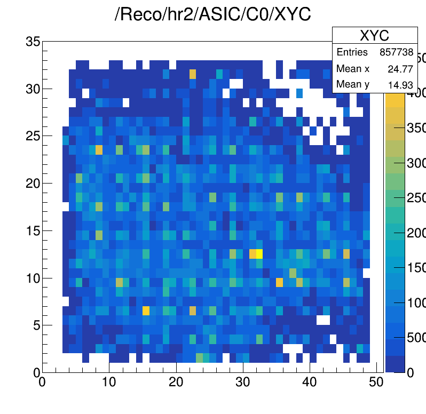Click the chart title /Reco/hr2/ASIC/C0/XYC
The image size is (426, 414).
pyautogui.click(x=212, y=14)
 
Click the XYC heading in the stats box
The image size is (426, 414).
pyautogui.click(x=374, y=36)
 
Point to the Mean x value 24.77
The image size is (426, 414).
pyautogui.click(x=403, y=69)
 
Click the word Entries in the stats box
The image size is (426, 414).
pyautogui.click(x=352, y=52)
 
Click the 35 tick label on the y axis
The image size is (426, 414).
pyautogui.click(x=33, y=41)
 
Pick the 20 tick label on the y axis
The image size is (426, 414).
pyautogui.click(x=33, y=183)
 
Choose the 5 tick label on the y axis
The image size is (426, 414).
pyautogui.click(x=36, y=325)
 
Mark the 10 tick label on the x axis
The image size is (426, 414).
pyautogui.click(x=109, y=383)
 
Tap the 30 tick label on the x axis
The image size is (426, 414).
pyautogui.click(x=243, y=383)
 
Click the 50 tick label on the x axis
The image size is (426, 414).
pyautogui.click(x=377, y=383)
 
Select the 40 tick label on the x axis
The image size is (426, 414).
pyautogui.click(x=310, y=383)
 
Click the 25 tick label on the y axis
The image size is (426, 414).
pyautogui.click(x=33, y=136)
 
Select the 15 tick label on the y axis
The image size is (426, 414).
pyautogui.click(x=33, y=230)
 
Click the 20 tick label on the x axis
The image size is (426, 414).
pyautogui.click(x=176, y=383)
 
